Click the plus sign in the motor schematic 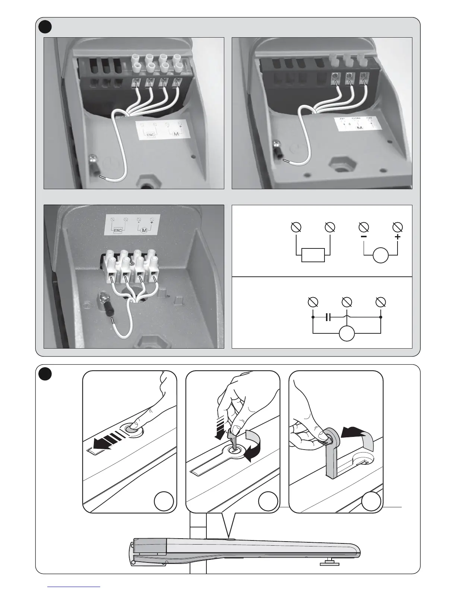point(398,237)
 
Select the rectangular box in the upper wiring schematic point(313,255)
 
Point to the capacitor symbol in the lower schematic point(327,317)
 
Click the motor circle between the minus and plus point(380,256)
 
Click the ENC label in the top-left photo point(151,134)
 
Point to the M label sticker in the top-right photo point(360,128)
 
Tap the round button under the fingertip point(133,429)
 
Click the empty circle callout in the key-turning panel point(268,502)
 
